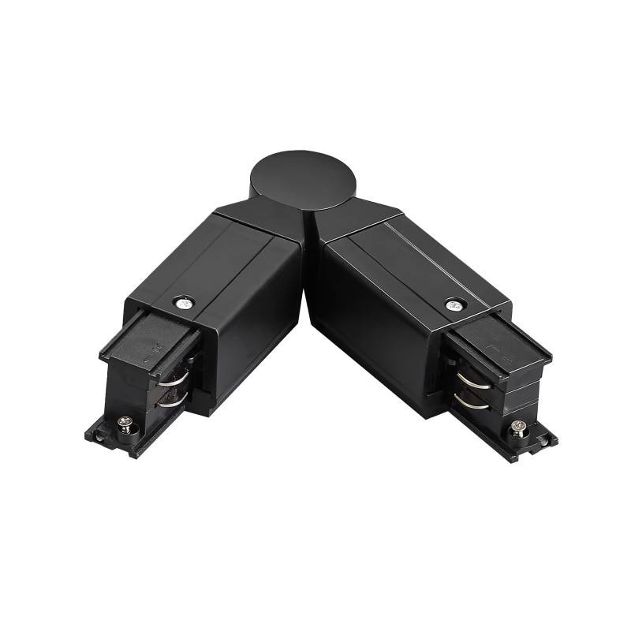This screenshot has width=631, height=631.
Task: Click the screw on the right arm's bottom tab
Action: pos(517,427)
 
